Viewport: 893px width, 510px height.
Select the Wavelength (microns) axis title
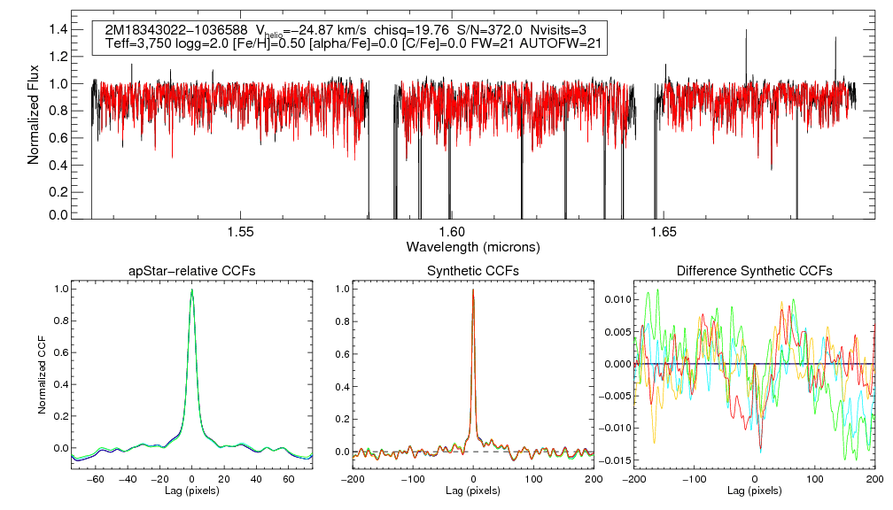pyautogui.click(x=473, y=245)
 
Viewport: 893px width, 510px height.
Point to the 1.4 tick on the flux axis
pyautogui.click(x=58, y=29)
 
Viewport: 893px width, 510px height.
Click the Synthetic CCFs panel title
pyautogui.click(x=473, y=270)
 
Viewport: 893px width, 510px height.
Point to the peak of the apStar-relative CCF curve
pyautogui.click(x=192, y=290)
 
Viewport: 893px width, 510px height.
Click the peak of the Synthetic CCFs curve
pyautogui.click(x=473, y=290)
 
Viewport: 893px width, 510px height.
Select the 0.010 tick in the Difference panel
pyautogui.click(x=617, y=299)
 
